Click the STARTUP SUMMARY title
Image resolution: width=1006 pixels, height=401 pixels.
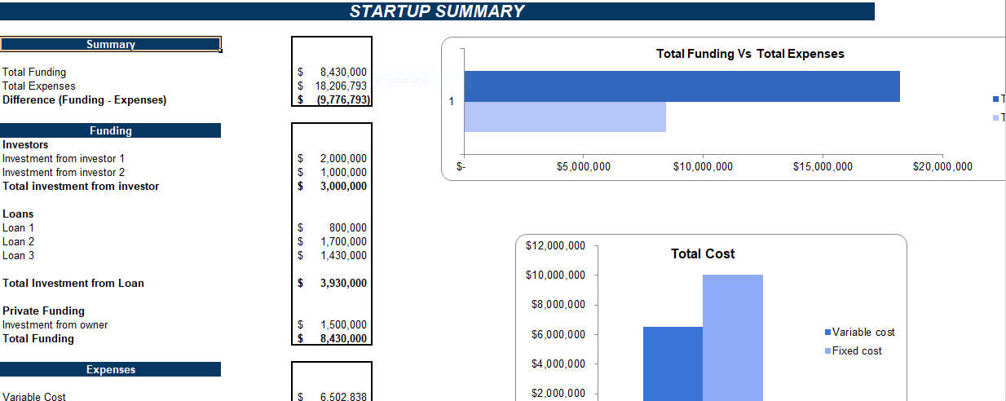[437, 11]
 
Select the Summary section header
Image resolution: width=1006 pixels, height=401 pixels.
[111, 44]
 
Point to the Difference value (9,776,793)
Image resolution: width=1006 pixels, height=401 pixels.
[342, 99]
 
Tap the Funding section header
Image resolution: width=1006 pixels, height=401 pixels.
[111, 130]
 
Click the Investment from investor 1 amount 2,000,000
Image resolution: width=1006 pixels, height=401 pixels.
[343, 158]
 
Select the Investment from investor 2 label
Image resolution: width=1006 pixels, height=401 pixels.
[64, 172]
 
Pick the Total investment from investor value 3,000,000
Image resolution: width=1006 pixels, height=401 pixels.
[343, 186]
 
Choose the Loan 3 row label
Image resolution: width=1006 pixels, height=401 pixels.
[19, 255]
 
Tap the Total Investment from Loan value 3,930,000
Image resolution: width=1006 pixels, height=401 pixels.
[343, 283]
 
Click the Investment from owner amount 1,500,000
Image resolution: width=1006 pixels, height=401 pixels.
[343, 324]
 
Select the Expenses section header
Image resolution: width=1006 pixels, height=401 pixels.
[111, 370]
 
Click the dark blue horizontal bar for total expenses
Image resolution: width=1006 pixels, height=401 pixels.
[682, 86]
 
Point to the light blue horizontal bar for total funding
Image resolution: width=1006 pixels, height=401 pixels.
[565, 117]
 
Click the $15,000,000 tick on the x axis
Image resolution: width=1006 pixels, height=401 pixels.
[823, 167]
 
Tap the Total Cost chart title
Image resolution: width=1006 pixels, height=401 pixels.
[703, 253]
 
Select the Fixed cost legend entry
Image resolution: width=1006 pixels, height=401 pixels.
[856, 350]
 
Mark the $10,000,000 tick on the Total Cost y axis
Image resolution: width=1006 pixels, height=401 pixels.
[555, 275]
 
